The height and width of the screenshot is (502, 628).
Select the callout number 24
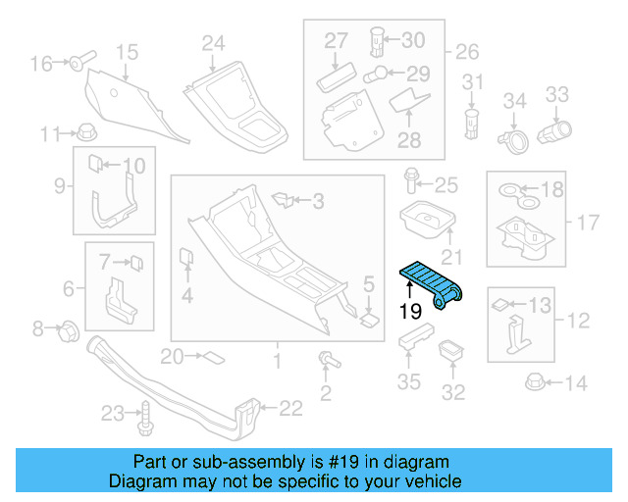tap(213, 43)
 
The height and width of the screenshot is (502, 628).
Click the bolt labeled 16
tap(78, 64)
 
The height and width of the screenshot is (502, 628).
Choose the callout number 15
tap(127, 52)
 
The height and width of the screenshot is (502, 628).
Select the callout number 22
tap(291, 409)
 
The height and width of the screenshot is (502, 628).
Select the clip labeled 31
tap(472, 120)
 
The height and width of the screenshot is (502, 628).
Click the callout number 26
tap(467, 51)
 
